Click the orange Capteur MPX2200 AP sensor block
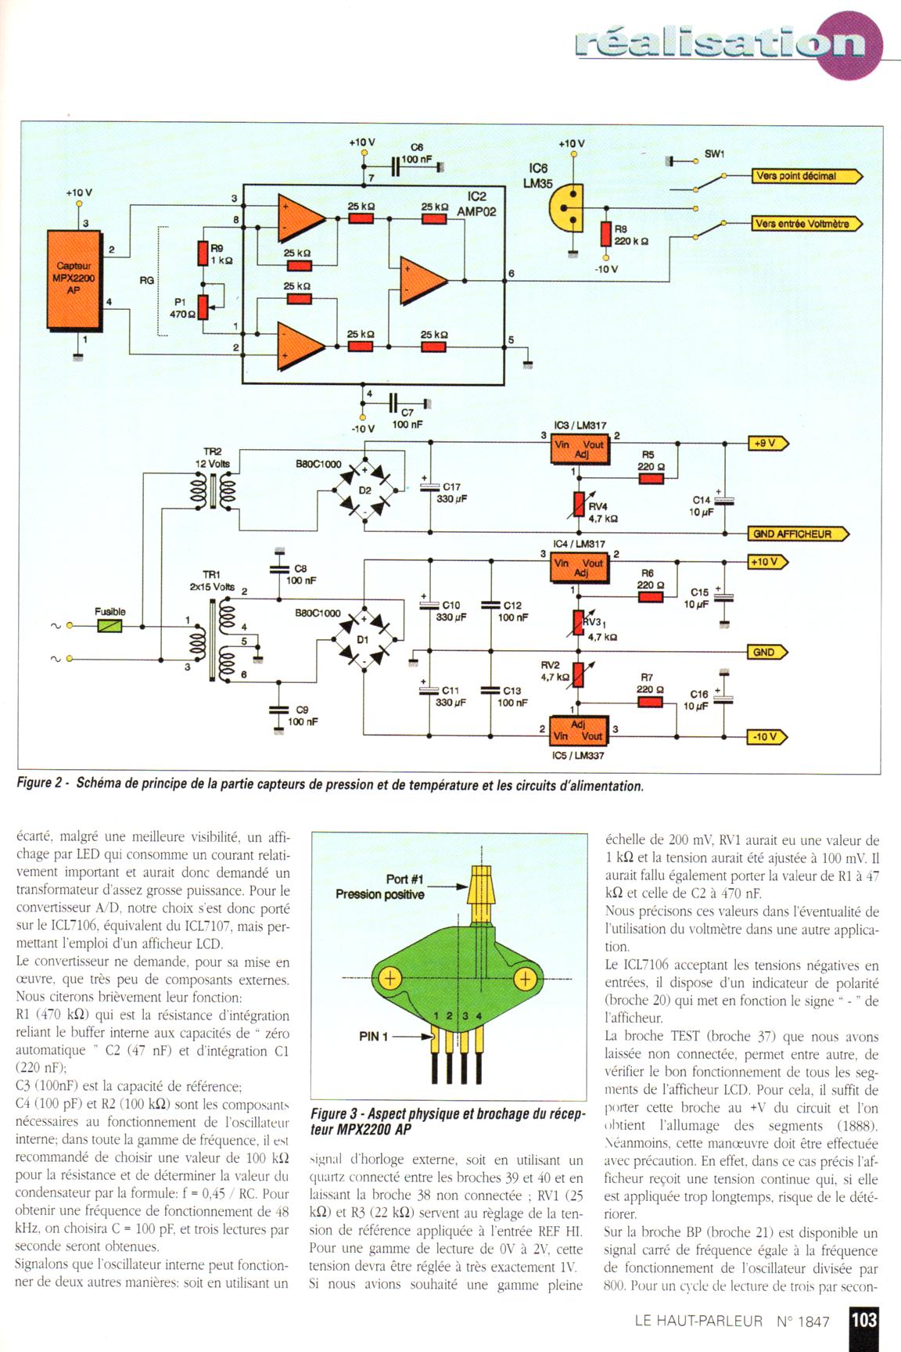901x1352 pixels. pyautogui.click(x=75, y=279)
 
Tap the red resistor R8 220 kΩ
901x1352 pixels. pyautogui.click(x=605, y=233)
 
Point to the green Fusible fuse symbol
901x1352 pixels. pyautogui.click(x=109, y=626)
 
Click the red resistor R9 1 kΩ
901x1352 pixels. pyautogui.click(x=203, y=254)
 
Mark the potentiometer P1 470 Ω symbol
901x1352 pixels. pyautogui.click(x=203, y=307)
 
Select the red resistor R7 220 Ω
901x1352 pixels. pyautogui.click(x=650, y=702)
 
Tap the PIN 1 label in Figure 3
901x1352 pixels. pyautogui.click(x=373, y=1037)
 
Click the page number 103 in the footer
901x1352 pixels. pyautogui.click(x=863, y=1320)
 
